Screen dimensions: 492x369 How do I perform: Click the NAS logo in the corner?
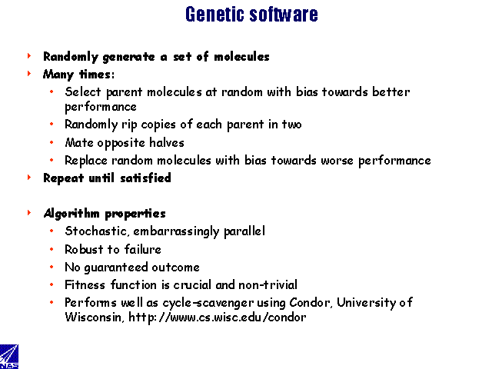click(x=8, y=357)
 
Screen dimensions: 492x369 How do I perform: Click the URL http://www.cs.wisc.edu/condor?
click(x=217, y=317)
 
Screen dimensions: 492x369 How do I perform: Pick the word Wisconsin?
click(x=95, y=317)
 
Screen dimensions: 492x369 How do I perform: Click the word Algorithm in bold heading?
click(x=71, y=214)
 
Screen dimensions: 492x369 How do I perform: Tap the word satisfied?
click(x=145, y=178)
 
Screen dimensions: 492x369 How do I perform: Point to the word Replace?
click(x=86, y=161)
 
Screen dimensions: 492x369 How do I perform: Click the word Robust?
click(x=84, y=249)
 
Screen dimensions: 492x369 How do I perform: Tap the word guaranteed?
click(x=116, y=268)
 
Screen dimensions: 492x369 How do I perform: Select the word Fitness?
click(x=85, y=285)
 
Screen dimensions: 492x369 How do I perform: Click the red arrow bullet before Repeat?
click(x=29, y=178)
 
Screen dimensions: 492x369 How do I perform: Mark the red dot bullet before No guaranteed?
click(x=52, y=267)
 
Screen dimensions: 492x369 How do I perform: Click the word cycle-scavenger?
click(x=208, y=303)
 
